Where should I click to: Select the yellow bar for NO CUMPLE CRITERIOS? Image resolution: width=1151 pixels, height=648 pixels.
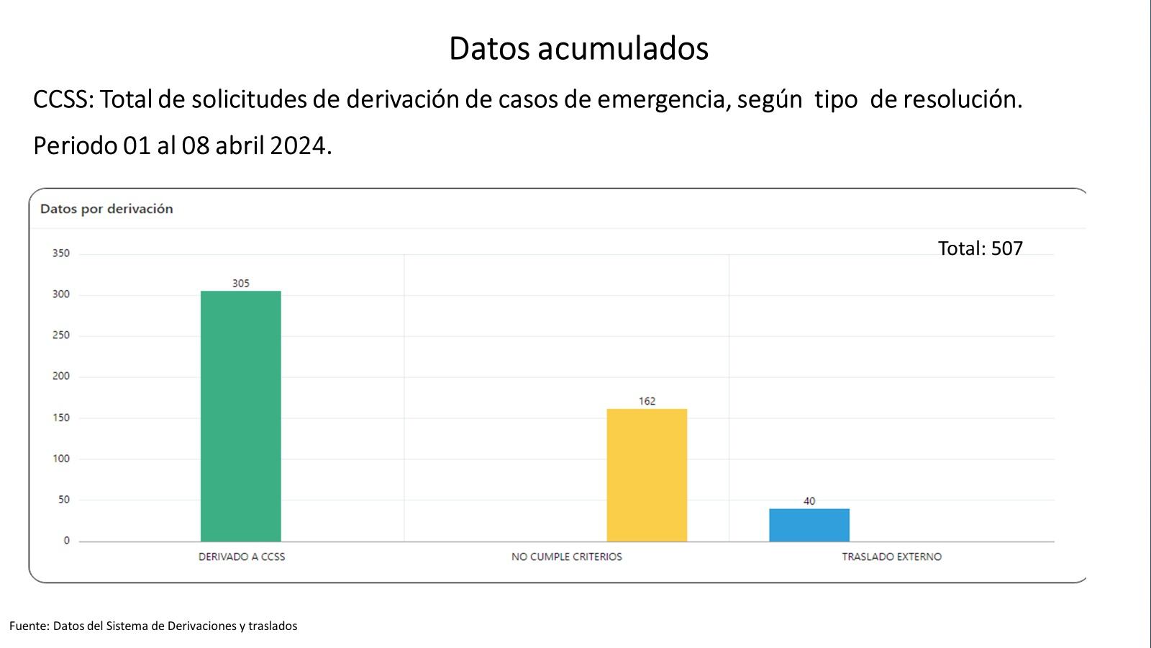(647, 474)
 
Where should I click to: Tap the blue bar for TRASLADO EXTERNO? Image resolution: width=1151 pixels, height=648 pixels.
(809, 525)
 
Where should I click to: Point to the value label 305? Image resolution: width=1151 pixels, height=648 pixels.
(240, 284)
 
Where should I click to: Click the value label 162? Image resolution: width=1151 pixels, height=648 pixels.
(647, 401)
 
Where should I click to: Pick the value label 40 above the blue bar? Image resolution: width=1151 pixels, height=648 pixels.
(809, 501)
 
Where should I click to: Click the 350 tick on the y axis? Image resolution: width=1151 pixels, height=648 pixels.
(61, 253)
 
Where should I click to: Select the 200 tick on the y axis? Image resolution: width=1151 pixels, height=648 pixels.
(61, 377)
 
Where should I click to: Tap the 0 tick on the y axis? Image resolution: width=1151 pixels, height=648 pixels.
(66, 541)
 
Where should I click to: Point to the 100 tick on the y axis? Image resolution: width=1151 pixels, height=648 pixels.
(61, 459)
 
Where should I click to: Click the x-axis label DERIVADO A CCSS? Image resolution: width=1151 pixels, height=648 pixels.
(242, 557)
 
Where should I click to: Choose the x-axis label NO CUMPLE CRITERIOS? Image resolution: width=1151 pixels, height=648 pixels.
(566, 557)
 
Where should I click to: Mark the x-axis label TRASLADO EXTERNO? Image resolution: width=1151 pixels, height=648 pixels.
(891, 557)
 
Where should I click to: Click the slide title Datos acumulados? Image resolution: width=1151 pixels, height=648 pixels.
(578, 48)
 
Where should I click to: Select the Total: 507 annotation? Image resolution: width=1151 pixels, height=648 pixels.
(980, 248)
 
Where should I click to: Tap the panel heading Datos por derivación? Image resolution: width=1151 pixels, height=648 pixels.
(106, 209)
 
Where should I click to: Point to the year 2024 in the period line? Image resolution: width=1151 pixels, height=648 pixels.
(300, 145)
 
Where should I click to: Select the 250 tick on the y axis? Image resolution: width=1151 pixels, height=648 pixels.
(61, 336)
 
